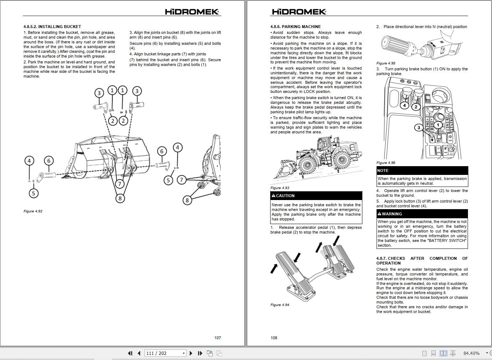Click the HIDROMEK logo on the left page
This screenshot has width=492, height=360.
point(192,12)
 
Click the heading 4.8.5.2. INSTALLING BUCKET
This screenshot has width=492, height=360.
point(52,27)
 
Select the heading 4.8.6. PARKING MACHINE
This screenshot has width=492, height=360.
point(295,27)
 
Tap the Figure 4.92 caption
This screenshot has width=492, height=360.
point(33,211)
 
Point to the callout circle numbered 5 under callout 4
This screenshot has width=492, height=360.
point(34,193)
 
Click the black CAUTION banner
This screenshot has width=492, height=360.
point(316,196)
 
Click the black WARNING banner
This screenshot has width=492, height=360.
point(422,214)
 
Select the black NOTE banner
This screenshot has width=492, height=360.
point(422,171)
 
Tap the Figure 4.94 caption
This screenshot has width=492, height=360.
point(280,305)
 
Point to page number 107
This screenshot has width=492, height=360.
point(217,338)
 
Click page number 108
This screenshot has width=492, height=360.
point(274,338)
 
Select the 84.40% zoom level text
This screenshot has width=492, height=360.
point(471,353)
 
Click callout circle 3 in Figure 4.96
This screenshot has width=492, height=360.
point(419,128)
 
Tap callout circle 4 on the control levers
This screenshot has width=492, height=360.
point(404,106)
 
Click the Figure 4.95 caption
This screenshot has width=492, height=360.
point(386,63)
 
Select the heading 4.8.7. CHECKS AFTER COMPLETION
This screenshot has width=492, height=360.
point(422,261)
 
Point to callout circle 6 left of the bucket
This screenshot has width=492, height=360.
point(48,160)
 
